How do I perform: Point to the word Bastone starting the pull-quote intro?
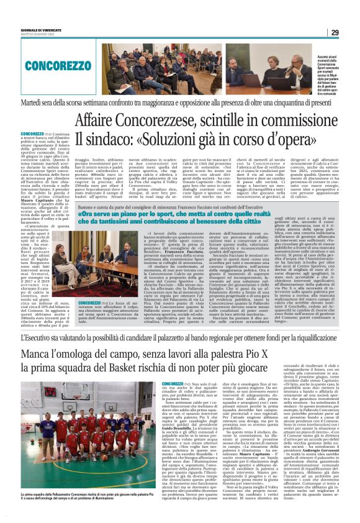86,206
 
